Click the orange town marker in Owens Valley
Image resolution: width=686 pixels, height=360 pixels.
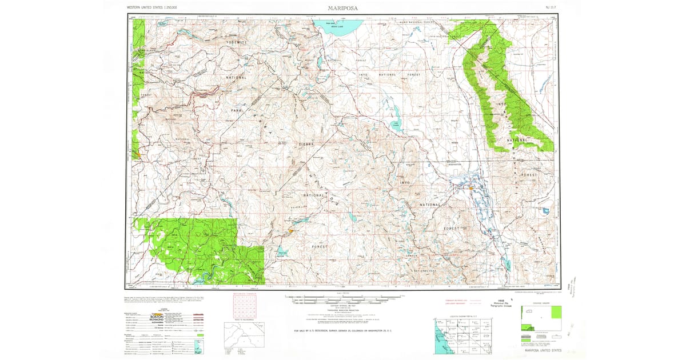tap(471, 187)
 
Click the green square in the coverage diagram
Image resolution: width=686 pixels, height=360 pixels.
tap(553, 311)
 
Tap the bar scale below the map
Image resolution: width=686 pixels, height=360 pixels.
tap(343, 298)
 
